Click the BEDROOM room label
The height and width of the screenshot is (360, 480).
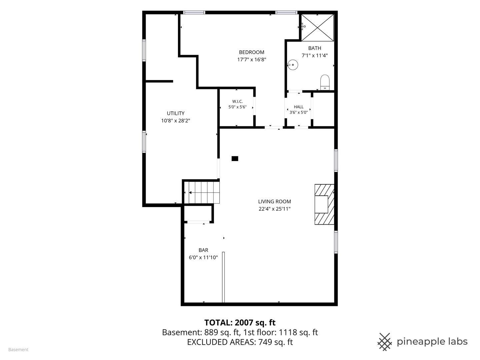click(251, 52)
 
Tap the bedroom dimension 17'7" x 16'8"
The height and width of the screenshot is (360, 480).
click(251, 59)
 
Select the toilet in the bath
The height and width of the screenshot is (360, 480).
click(325, 82)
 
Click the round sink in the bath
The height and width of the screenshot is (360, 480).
click(293, 65)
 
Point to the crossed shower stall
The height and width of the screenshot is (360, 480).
click(318, 28)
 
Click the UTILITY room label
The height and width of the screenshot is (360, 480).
click(176, 113)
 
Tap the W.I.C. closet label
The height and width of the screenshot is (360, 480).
click(237, 101)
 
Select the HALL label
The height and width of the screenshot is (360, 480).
click(298, 107)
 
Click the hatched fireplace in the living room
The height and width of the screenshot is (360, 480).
click(324, 204)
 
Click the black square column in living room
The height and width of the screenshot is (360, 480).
click(235, 158)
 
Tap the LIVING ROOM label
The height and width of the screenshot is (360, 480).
click(274, 202)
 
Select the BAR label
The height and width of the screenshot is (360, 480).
click(203, 250)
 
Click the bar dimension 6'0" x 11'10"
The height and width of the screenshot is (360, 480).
click(203, 257)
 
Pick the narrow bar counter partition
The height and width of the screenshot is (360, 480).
click(223, 277)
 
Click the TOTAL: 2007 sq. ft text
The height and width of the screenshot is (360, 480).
click(240, 323)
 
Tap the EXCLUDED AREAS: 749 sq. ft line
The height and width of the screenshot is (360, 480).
click(240, 342)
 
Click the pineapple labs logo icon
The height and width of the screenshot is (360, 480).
click(385, 342)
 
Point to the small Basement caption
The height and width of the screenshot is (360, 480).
click(18, 350)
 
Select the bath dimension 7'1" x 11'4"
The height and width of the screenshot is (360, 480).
click(315, 56)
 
